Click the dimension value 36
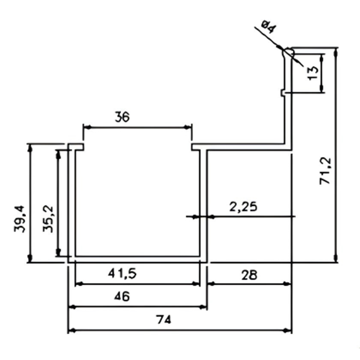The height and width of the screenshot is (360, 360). [122, 117]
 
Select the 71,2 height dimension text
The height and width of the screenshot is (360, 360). [325, 171]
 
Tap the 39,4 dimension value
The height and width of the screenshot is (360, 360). [19, 219]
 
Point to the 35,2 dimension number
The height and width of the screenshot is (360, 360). [48, 219]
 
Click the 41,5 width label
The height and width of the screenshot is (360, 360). [122, 273]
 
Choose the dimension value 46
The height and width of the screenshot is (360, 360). [122, 297]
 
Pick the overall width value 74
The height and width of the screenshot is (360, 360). [163, 320]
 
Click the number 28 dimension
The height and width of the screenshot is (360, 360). [249, 275]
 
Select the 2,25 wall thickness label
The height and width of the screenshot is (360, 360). [243, 207]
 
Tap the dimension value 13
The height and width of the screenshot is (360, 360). [312, 73]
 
